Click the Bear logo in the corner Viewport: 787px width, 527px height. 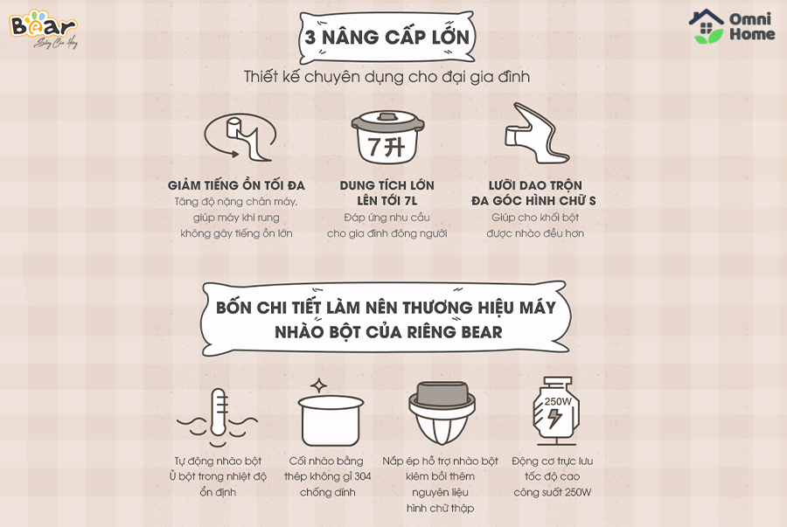(43, 29)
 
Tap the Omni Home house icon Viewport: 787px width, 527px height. (707, 26)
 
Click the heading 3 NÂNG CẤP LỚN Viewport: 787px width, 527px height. (387, 37)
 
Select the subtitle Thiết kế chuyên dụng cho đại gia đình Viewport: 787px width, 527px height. (387, 77)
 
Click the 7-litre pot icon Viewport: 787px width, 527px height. (387, 137)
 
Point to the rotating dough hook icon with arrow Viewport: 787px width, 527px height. (240, 136)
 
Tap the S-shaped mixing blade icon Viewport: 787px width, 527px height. (536, 134)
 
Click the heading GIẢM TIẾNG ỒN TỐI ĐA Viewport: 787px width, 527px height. (236, 185)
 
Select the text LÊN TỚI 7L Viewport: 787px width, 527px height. (387, 201)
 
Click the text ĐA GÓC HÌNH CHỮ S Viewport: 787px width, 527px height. (533, 201)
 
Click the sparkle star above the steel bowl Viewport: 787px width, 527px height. (318, 385)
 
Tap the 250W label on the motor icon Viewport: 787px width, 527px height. (558, 401)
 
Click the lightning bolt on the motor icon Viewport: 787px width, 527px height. (554, 418)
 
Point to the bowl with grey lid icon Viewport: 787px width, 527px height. (442, 413)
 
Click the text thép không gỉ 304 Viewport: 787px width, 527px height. (328, 476)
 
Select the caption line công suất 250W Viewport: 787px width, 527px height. (552, 492)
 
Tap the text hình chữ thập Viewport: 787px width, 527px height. (440, 509)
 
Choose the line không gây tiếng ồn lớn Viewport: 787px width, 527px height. (236, 233)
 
